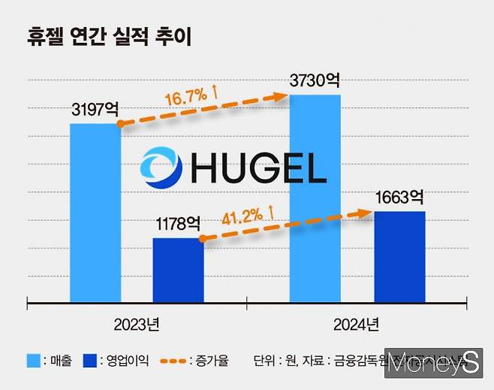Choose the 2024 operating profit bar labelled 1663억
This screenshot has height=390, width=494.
(x=399, y=258)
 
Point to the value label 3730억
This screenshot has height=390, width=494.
(x=316, y=80)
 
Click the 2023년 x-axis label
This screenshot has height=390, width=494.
(x=136, y=326)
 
